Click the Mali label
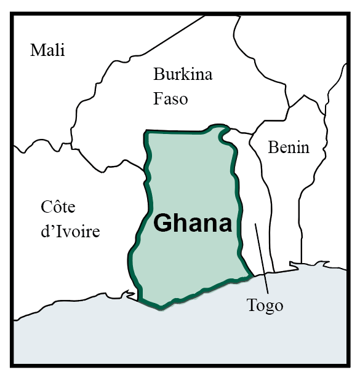click(47, 50)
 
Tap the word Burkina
click(183, 75)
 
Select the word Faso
click(171, 98)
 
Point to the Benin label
click(289, 147)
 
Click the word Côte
click(58, 207)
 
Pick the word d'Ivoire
click(70, 231)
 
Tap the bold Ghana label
click(193, 223)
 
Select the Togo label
click(265, 305)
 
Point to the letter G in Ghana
click(162, 223)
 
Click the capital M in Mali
click(37, 50)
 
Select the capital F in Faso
click(158, 98)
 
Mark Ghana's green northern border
click(178, 132)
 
